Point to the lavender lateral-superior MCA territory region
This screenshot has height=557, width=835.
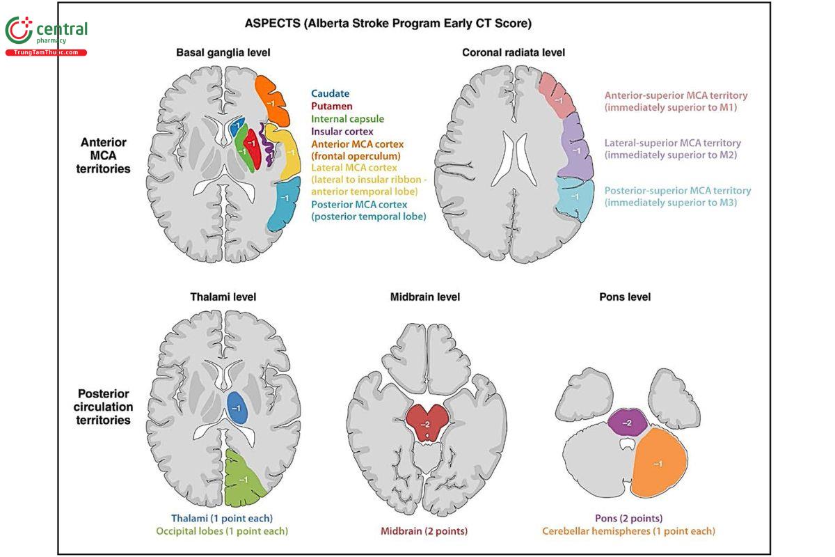point(575,148)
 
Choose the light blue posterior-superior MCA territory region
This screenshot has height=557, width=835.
point(575,197)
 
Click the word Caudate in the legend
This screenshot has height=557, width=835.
point(331,93)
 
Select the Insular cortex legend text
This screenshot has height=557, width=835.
point(342,131)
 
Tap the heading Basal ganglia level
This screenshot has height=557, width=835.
point(223,52)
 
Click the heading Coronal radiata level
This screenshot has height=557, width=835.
point(514,52)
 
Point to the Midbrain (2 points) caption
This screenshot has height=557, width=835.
point(424,531)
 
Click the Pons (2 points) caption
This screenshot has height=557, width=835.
point(629,518)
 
